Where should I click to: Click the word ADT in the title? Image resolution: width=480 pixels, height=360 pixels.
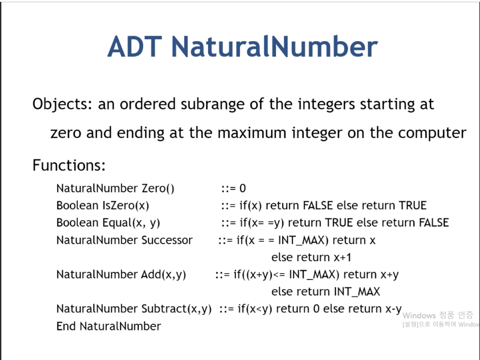click(135, 47)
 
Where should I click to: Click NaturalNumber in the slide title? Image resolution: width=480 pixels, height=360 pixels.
click(274, 47)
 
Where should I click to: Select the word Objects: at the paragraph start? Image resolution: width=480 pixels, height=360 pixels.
click(62, 104)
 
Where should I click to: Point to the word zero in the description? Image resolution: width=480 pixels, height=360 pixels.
click(66, 133)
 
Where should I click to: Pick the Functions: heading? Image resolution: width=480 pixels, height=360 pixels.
click(69, 165)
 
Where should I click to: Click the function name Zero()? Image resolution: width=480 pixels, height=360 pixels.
click(158, 188)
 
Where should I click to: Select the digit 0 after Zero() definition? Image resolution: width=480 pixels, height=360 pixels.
click(242, 188)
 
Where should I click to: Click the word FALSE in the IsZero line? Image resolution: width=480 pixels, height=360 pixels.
click(318, 206)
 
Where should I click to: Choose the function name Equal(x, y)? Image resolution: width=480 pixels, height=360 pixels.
click(131, 223)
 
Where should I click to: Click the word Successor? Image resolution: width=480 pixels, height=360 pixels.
click(167, 240)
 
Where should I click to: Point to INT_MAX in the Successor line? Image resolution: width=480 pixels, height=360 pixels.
click(301, 240)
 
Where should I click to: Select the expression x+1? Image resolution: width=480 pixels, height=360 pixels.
click(342, 257)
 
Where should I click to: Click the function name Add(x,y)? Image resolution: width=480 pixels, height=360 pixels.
click(163, 274)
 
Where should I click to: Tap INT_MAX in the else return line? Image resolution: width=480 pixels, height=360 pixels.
click(356, 292)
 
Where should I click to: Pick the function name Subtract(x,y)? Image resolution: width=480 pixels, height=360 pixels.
click(176, 309)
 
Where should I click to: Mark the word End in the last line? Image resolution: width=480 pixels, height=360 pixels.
click(66, 326)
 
